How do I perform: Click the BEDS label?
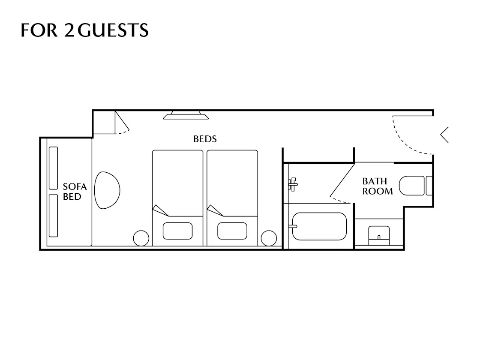(205, 139)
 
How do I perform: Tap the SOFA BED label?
(75, 192)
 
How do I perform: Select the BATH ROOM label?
(378, 186)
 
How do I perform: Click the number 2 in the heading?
(69, 30)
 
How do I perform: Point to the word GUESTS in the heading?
(113, 30)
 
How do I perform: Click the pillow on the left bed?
(177, 231)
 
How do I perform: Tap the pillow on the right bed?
(232, 231)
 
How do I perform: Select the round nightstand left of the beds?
(141, 238)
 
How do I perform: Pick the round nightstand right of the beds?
(269, 238)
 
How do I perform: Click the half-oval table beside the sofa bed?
(107, 190)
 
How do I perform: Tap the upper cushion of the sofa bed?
(53, 168)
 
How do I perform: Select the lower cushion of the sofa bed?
(53, 216)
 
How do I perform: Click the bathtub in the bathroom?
(319, 226)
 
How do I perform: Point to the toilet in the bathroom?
(415, 186)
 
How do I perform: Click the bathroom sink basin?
(379, 236)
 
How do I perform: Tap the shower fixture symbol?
(293, 184)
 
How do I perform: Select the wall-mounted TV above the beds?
(186, 115)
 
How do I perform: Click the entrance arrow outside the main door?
(444, 135)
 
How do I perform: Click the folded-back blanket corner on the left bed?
(160, 210)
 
